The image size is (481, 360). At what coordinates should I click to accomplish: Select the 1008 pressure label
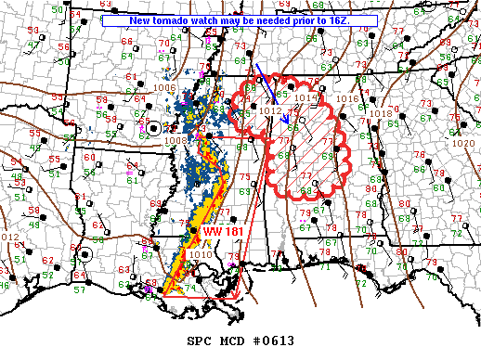(x=176, y=141)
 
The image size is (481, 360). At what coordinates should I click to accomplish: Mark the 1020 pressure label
(x=461, y=145)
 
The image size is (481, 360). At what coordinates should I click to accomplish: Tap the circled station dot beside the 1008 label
(x=153, y=130)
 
